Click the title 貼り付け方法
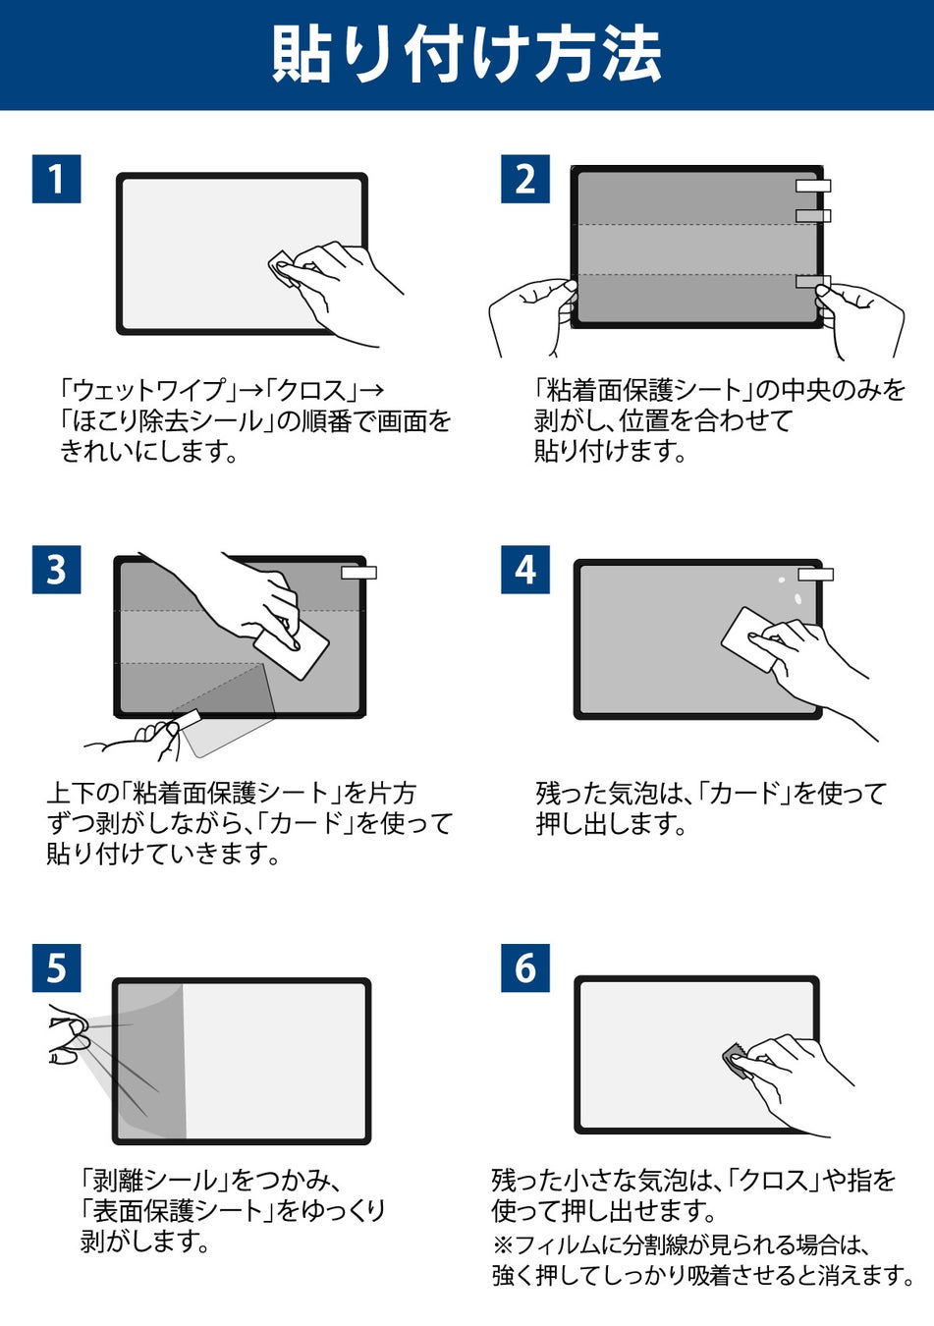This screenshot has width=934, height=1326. [467, 54]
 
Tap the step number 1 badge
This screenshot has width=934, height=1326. [56, 179]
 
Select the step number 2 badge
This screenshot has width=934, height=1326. [525, 179]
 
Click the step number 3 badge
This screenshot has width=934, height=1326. [56, 570]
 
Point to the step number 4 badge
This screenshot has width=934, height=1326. [525, 570]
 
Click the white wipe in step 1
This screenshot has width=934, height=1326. [284, 268]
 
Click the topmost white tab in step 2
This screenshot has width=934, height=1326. [813, 186]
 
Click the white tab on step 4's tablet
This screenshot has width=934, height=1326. [815, 575]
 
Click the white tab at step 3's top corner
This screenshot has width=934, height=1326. [359, 573]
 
